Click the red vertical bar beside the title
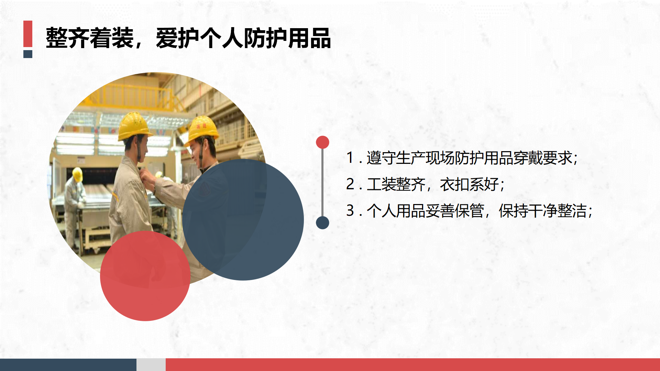pyautogui.click(x=28, y=34)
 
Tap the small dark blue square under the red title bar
pyautogui.click(x=28, y=54)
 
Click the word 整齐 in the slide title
pyautogui.click(x=68, y=38)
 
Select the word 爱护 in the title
pyautogui.click(x=177, y=38)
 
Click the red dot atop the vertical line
pyautogui.click(x=322, y=142)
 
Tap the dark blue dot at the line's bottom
pyautogui.click(x=322, y=223)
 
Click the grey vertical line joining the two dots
pyautogui.click(x=322, y=182)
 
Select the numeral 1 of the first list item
pyautogui.click(x=350, y=158)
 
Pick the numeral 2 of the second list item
pyautogui.click(x=350, y=184)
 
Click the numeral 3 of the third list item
pyautogui.click(x=350, y=211)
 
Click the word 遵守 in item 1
pyautogui.click(x=381, y=158)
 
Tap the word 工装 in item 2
pyautogui.click(x=381, y=184)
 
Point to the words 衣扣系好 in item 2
pyautogui.click(x=470, y=184)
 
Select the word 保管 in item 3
pyautogui.click(x=470, y=211)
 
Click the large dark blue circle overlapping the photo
pyautogui.click(x=243, y=220)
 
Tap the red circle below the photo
pyautogui.click(x=145, y=276)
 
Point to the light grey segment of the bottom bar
pyautogui.click(x=151, y=365)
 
